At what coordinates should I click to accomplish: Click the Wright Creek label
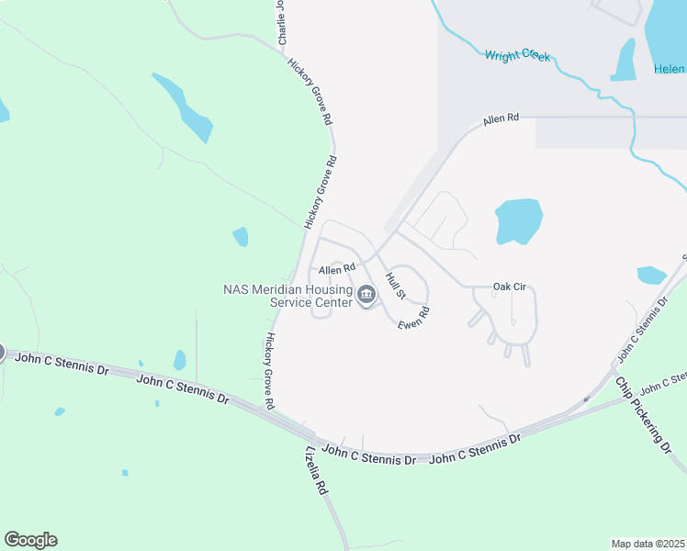click(517, 56)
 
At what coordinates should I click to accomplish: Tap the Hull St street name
click(396, 285)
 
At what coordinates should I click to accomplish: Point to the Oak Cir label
click(509, 287)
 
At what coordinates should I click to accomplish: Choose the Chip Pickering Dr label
click(645, 414)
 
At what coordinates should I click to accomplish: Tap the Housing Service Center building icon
click(367, 295)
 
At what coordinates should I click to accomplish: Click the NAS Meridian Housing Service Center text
click(288, 295)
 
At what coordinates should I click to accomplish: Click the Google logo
click(30, 540)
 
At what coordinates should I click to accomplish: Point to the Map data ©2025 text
click(648, 544)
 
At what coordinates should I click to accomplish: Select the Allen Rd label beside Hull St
click(336, 270)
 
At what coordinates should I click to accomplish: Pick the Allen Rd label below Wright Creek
click(501, 118)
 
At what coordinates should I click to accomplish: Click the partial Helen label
click(670, 69)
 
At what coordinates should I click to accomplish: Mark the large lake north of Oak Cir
click(519, 220)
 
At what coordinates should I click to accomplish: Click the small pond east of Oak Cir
click(651, 275)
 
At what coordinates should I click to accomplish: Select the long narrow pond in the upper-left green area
click(184, 107)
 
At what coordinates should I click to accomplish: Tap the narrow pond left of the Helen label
click(625, 61)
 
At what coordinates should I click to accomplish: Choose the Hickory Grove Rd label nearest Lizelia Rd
click(269, 370)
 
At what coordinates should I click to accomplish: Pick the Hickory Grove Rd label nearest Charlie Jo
click(310, 91)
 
